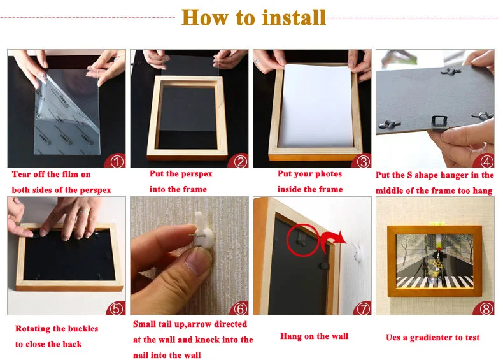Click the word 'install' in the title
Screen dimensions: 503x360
(294, 17)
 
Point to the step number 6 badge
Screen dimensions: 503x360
(240, 309)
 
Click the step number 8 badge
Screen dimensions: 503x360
(486, 309)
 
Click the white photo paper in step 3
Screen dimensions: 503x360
(316, 106)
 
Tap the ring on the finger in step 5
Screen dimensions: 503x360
(83, 211)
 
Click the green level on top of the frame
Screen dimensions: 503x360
(437, 224)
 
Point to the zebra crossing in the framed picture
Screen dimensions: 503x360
(435, 281)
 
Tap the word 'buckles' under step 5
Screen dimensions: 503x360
(82, 329)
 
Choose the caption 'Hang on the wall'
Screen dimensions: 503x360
(314, 336)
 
